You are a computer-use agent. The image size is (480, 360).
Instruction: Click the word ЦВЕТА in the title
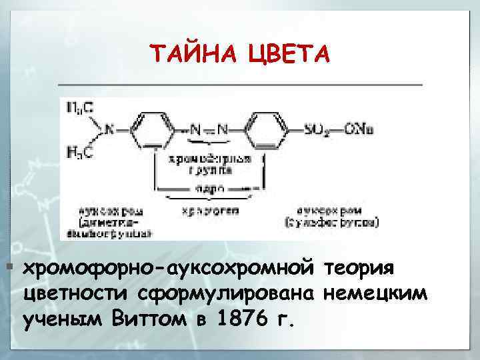(288, 53)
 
